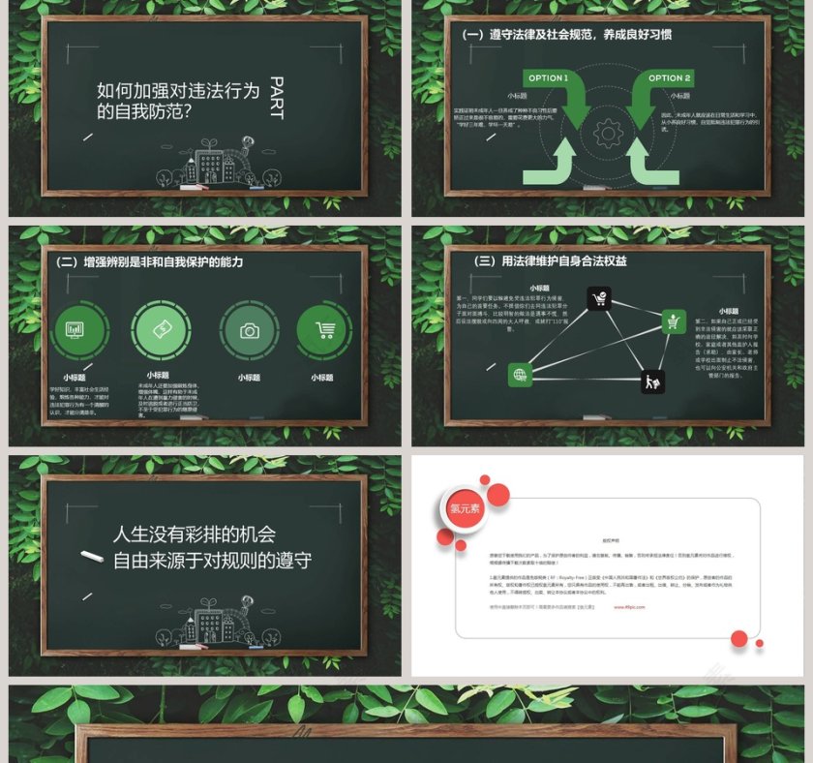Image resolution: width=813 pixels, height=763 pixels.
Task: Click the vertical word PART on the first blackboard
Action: coord(276,98)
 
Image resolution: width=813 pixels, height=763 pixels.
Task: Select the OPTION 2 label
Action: coord(669,77)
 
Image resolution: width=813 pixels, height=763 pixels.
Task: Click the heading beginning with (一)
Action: coord(566,34)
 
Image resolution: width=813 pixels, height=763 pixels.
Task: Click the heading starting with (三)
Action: coord(551,261)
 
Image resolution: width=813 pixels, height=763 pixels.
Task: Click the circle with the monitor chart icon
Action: coord(75,331)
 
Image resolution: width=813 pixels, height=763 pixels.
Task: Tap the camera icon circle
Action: coord(249,331)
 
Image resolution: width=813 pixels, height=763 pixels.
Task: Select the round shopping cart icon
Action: coord(324,331)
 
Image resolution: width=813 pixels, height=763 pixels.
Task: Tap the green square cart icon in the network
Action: coord(674,321)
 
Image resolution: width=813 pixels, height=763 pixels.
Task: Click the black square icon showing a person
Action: coord(652,381)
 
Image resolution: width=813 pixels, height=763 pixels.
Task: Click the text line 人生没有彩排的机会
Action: coord(195,534)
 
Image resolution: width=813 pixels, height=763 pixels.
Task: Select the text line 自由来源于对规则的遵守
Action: coord(212,560)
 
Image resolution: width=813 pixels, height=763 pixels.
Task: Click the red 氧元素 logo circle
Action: coord(466,508)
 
